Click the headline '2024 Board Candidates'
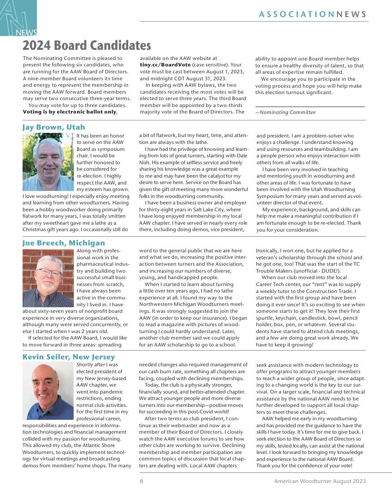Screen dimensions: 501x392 (x=87, y=46)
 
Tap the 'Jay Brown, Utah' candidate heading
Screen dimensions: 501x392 (x=53, y=127)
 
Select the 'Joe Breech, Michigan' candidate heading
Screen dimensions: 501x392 (x=64, y=243)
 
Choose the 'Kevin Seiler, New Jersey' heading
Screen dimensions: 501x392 (x=69, y=357)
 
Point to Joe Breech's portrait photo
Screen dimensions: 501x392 (x=48, y=278)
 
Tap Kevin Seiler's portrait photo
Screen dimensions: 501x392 (x=48, y=391)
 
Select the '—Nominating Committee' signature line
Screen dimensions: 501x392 (x=285, y=112)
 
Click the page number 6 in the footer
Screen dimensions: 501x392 (x=142, y=481)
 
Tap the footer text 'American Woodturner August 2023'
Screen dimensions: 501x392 (x=320, y=481)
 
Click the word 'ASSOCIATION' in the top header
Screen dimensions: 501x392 (x=297, y=14)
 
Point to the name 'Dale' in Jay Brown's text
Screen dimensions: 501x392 (x=243, y=156)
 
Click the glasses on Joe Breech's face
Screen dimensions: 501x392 (x=48, y=272)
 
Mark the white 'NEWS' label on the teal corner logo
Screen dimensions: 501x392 (x=26, y=33)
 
